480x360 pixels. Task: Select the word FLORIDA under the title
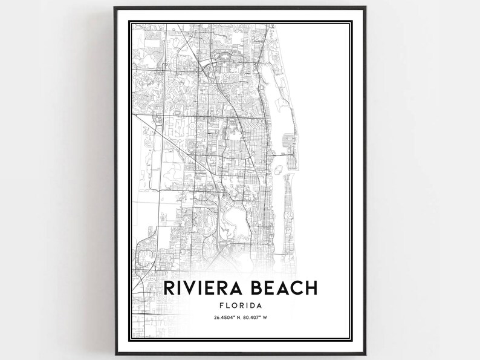tap(241, 306)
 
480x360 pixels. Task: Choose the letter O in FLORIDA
tap(235, 306)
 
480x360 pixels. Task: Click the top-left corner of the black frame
tap(115, 8)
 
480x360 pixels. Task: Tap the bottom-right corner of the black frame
tap(366, 353)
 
